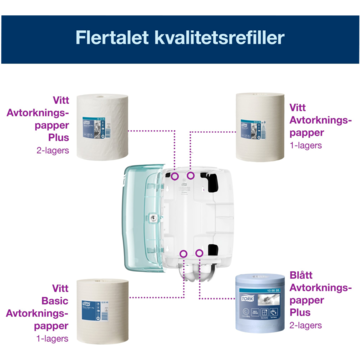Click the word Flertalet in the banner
pos(112,37)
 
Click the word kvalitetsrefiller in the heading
pos(219,37)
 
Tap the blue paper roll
pos(260,303)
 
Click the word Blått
pos(301,275)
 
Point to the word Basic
pos(55,301)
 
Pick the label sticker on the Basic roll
pos(95,311)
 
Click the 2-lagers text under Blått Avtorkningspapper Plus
pos(305,326)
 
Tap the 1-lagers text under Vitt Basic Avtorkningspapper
pos(52,339)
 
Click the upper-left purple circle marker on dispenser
pos(175,177)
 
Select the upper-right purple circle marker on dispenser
pos(190,175)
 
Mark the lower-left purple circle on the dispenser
pos(183,254)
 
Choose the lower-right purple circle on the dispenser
pos(199,253)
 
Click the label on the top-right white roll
pos(253,129)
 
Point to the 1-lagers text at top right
pos(305,145)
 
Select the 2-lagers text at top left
pos(53,150)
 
